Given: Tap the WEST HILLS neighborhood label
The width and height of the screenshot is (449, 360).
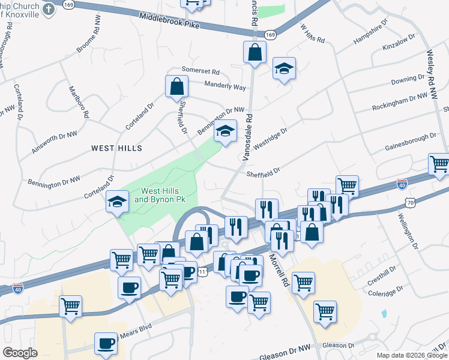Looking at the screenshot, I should click(116, 148).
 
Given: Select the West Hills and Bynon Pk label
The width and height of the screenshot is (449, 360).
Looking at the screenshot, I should click(158, 195).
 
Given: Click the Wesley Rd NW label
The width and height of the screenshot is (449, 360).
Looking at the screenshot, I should click(430, 71).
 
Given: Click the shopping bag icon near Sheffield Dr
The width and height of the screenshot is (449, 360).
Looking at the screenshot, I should click(177, 86).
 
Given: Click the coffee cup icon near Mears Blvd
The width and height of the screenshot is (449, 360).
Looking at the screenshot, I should click(107, 343).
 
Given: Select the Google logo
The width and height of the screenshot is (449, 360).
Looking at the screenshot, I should click(20, 353).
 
